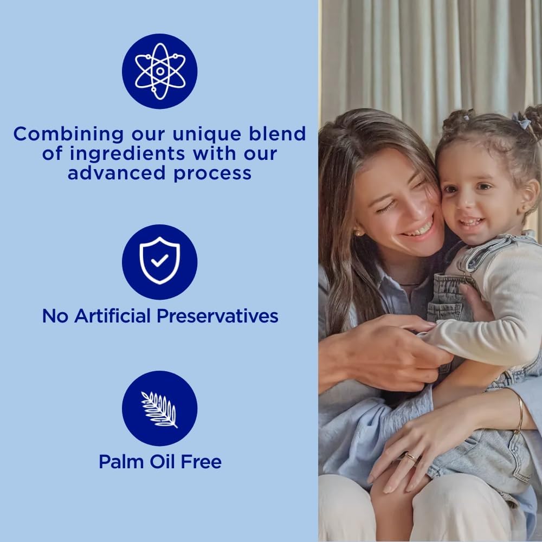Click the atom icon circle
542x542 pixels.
(159, 71)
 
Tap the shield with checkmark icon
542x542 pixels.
(159, 262)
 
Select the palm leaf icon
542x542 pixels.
(159, 409)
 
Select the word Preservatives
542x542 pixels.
(218, 315)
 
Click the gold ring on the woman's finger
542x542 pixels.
(410, 457)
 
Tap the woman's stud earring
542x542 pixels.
(357, 232)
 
